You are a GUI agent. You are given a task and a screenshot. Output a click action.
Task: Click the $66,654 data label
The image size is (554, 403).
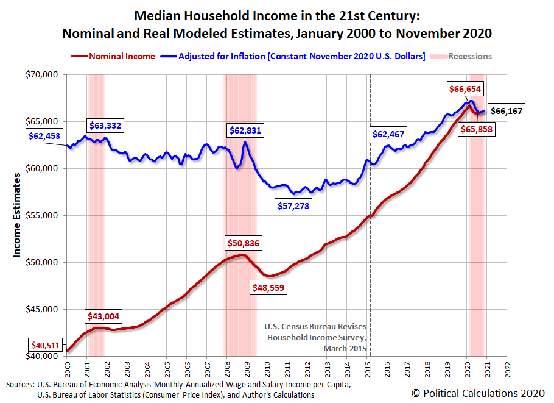pyautogui.click(x=465, y=89)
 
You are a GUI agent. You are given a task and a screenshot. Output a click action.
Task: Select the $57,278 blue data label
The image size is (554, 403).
pyautogui.click(x=293, y=206)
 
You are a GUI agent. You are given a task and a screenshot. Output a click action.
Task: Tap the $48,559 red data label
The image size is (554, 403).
pyautogui.click(x=268, y=287)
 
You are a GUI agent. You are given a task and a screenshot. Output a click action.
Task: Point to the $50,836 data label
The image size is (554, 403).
pyautogui.click(x=244, y=243)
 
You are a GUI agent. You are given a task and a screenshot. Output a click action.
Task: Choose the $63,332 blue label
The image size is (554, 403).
pyautogui.click(x=105, y=126)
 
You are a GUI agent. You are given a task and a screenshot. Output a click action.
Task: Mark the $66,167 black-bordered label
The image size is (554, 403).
pyautogui.click(x=507, y=111)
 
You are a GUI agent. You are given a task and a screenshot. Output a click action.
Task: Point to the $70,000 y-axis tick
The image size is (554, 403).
pyautogui.click(x=41, y=74)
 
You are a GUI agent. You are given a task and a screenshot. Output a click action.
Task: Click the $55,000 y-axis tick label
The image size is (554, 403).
pyautogui.click(x=41, y=215)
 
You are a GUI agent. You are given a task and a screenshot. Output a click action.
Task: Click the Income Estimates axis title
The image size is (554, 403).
pyautogui.click(x=18, y=215)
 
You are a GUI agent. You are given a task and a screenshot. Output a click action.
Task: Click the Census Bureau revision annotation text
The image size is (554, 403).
pyautogui.click(x=315, y=337)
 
